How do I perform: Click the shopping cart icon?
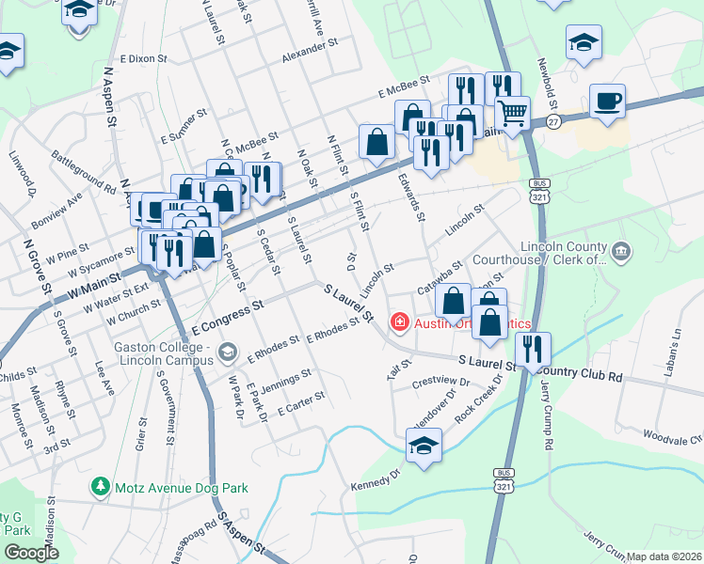512,114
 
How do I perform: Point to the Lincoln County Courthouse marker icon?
620,251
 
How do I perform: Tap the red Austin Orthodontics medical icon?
399,322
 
